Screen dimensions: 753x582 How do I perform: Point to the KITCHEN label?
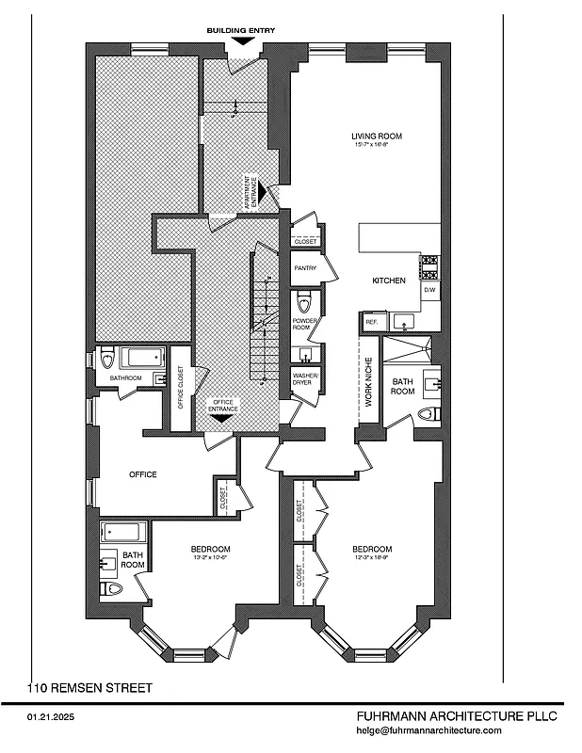tap(388, 280)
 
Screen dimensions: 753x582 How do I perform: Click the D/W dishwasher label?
tap(429, 290)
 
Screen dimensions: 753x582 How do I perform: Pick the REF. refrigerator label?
tap(370, 322)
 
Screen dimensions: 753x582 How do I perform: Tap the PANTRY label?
tap(304, 268)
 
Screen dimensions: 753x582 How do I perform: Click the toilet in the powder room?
tap(303, 303)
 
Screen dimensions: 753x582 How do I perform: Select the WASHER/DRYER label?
tap(305, 379)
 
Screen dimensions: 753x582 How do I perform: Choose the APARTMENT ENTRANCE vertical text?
tap(251, 192)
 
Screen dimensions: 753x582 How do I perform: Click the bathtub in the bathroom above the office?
tap(143, 358)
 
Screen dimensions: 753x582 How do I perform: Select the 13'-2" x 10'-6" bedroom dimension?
tap(211, 558)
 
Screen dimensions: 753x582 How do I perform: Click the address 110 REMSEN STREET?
tap(89, 688)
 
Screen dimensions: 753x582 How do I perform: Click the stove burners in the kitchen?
tap(429, 267)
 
